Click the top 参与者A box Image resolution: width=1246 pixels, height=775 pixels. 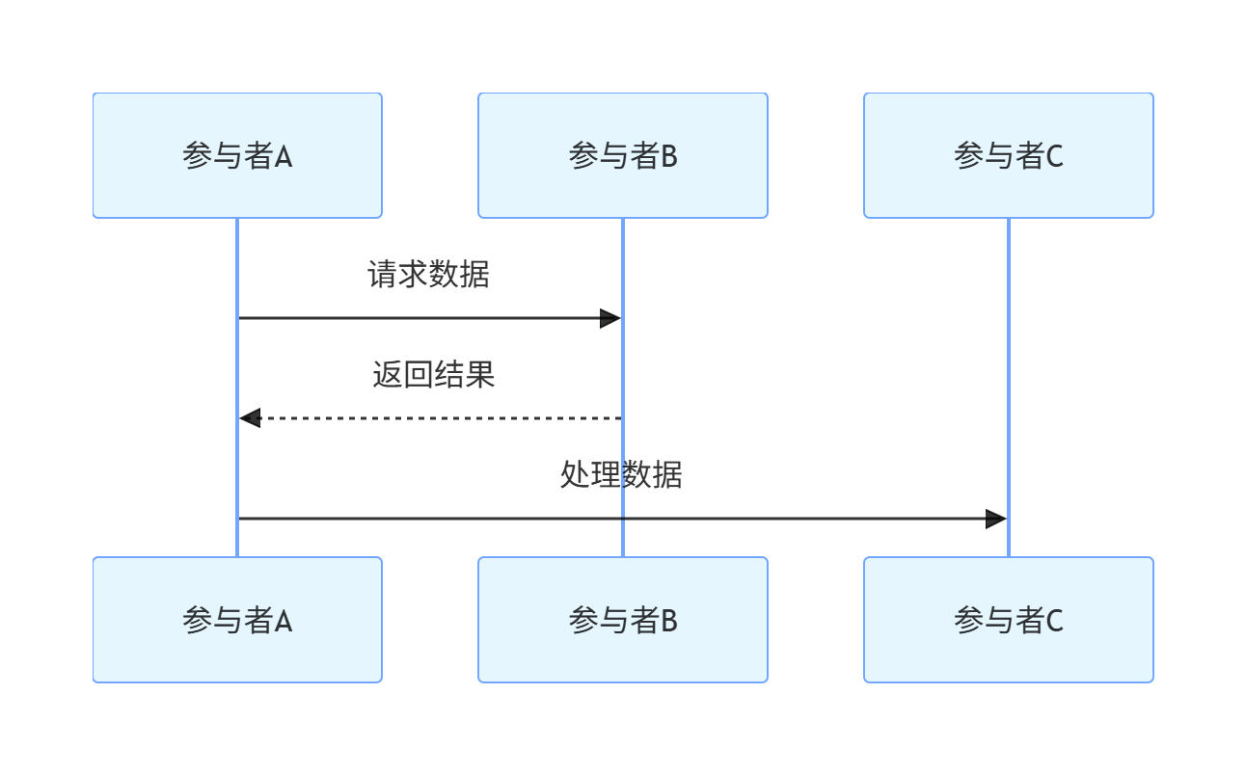[237, 155]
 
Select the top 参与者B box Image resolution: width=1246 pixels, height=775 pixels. [623, 155]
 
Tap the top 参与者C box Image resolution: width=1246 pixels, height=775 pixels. [1009, 155]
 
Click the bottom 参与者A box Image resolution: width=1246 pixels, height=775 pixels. [237, 620]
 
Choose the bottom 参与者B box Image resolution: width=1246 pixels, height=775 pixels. [623, 620]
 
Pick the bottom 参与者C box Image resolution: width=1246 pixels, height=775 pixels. [1009, 620]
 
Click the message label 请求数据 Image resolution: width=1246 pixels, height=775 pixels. [429, 275]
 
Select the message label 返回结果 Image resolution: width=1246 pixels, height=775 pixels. [434, 375]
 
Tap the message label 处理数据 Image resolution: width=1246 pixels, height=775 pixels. [622, 475]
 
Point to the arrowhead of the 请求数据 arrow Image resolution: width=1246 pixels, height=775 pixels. [610, 318]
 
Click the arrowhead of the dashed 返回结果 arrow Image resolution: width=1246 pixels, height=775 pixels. [250, 418]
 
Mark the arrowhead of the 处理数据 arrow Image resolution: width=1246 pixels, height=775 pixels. [996, 519]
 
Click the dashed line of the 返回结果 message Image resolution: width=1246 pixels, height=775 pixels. [434, 418]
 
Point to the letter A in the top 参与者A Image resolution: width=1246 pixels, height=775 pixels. [284, 156]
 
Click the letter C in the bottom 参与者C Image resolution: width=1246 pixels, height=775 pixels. [1054, 621]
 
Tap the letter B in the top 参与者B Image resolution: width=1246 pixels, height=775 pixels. [669, 156]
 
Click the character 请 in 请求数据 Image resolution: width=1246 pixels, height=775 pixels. [383, 275]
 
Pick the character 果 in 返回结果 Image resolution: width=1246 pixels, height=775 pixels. [480, 375]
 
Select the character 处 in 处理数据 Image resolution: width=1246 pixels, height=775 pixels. [576, 475]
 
